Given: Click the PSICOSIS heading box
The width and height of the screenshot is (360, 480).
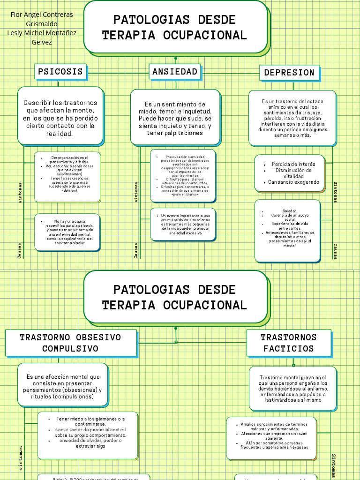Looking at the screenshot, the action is [x=60, y=72].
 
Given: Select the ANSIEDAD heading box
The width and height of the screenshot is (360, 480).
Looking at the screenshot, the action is [x=175, y=72].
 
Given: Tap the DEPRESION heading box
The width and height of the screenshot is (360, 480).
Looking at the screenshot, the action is [x=289, y=73].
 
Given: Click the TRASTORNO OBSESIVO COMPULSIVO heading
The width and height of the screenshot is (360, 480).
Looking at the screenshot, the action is [x=71, y=343].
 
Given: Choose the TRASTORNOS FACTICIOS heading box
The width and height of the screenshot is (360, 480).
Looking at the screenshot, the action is [x=289, y=343].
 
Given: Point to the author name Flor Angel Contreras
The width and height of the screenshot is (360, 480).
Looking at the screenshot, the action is [x=42, y=15].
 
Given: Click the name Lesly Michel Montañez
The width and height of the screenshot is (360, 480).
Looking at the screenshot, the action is [x=42, y=33].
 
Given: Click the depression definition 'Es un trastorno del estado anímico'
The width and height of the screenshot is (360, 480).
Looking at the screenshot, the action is [x=292, y=118].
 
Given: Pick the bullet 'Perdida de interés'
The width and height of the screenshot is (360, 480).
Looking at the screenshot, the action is [x=293, y=164].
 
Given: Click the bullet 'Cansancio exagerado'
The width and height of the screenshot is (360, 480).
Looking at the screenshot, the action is [x=293, y=182].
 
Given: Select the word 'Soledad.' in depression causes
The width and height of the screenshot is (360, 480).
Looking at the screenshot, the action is [x=290, y=211].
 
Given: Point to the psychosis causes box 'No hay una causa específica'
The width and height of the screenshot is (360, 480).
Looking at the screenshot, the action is [x=67, y=232].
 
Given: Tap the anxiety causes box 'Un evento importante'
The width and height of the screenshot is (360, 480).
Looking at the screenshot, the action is [x=183, y=224].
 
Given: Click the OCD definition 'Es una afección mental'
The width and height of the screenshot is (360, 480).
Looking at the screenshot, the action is [x=63, y=387].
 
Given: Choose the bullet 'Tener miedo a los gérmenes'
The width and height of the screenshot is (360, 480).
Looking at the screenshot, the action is [x=90, y=419].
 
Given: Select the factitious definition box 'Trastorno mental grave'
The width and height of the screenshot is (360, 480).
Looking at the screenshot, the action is [x=292, y=389].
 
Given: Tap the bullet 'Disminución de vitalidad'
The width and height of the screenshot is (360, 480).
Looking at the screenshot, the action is [x=293, y=173].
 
